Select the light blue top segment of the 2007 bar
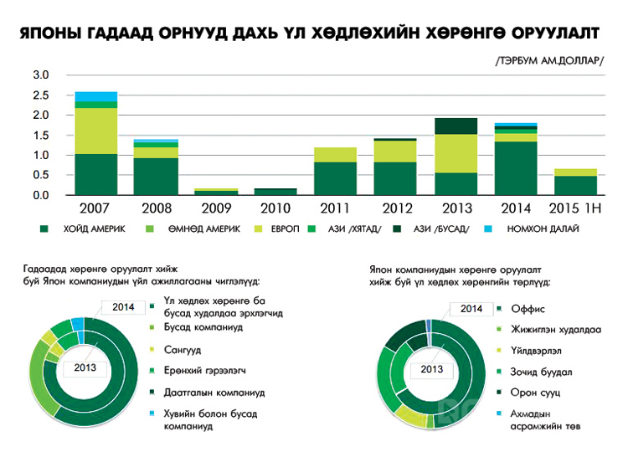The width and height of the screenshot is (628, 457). pos(95,96)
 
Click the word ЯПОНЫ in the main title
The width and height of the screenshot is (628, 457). pos(49,33)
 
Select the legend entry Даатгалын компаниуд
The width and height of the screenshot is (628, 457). pos(214,391)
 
